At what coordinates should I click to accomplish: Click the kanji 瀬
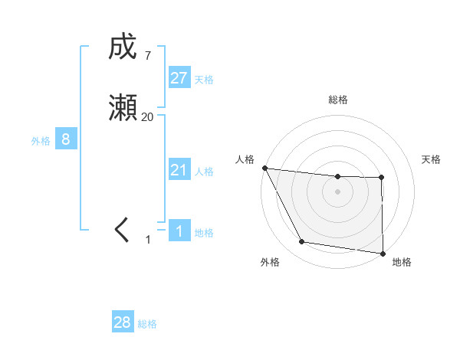pos(123,110)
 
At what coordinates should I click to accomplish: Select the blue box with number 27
pos(179,78)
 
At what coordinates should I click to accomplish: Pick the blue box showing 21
pos(179,170)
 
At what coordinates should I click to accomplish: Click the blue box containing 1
pos(179,231)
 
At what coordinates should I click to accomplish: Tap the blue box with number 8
pos(66,139)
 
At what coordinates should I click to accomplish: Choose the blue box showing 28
pos(123,322)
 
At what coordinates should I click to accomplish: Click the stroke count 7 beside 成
pos(147,56)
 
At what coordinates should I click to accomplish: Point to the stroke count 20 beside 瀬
pos(147,117)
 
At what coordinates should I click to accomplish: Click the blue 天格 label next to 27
pos(204,80)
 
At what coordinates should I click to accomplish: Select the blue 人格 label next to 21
pos(204,172)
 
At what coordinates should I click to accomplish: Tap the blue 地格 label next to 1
pos(204,233)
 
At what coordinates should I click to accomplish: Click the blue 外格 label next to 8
pos(41,141)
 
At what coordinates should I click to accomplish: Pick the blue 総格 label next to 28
pos(147,324)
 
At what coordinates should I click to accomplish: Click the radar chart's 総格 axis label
pos(337,100)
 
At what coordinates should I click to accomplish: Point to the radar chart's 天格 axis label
pos(432,159)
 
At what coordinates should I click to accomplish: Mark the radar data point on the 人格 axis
pos(264,168)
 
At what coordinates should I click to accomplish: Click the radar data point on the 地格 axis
pos(383,253)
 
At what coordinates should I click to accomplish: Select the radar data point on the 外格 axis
pos(302,242)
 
